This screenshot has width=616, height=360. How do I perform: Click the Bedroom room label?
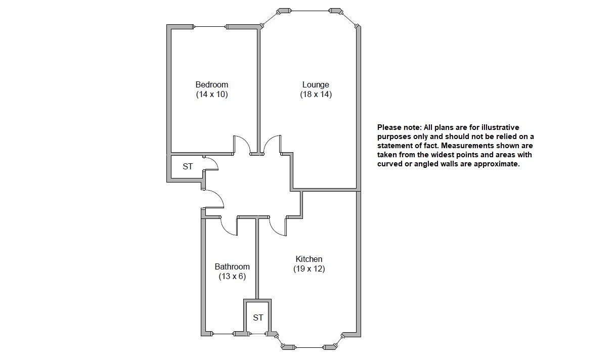212,84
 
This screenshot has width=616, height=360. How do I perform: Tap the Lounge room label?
316,84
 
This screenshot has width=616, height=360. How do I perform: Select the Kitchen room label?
309,259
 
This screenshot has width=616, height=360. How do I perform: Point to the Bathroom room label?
232,266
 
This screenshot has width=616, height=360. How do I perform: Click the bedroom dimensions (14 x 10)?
212,95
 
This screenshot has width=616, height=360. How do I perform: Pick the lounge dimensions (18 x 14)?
316,95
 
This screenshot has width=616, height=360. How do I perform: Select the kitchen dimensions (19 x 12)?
309,268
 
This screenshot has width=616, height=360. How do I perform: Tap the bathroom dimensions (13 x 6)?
232,276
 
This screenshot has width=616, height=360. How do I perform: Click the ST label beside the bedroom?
188,166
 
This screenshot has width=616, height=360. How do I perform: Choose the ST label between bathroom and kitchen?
258,318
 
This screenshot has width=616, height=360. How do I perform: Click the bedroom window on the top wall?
210,27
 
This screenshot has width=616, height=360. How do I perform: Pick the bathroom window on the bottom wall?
223,334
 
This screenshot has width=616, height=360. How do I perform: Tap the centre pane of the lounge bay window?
310,11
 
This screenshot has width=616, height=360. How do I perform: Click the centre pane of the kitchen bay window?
309,347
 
